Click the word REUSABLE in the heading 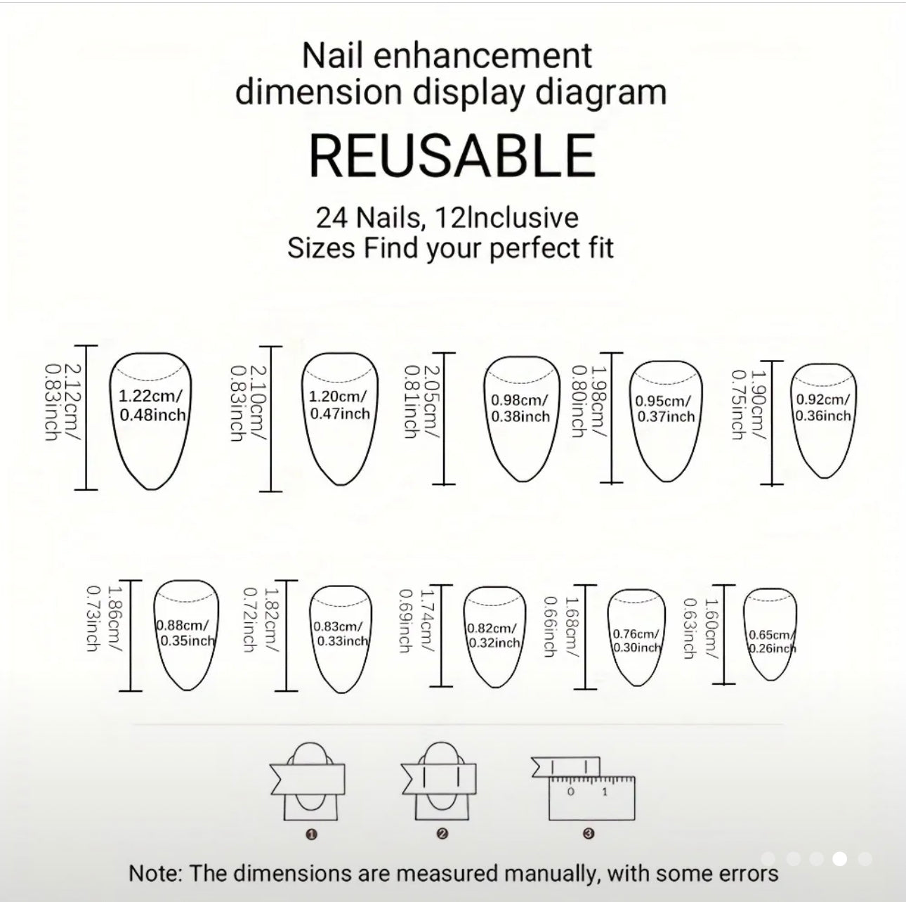[x=452, y=155]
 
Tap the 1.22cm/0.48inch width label [x=152, y=406]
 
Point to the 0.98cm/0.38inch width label [x=520, y=408]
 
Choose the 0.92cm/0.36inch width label [x=823, y=408]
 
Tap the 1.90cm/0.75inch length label [x=749, y=404]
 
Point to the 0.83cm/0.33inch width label [x=341, y=633]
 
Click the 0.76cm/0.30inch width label [x=636, y=640]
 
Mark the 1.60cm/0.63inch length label [x=700, y=628]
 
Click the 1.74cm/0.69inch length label [x=416, y=621]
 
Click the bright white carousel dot [x=840, y=858]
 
